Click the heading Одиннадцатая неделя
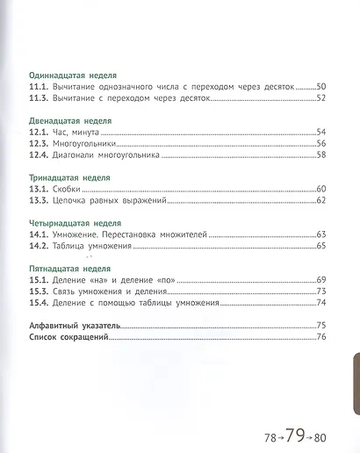click(73, 75)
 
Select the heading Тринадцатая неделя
click(69, 176)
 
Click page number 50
click(320, 87)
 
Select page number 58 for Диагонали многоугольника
click(320, 155)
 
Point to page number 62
click(320, 200)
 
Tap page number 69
click(320, 279)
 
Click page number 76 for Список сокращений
click(320, 337)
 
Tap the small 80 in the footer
click(318, 435)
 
